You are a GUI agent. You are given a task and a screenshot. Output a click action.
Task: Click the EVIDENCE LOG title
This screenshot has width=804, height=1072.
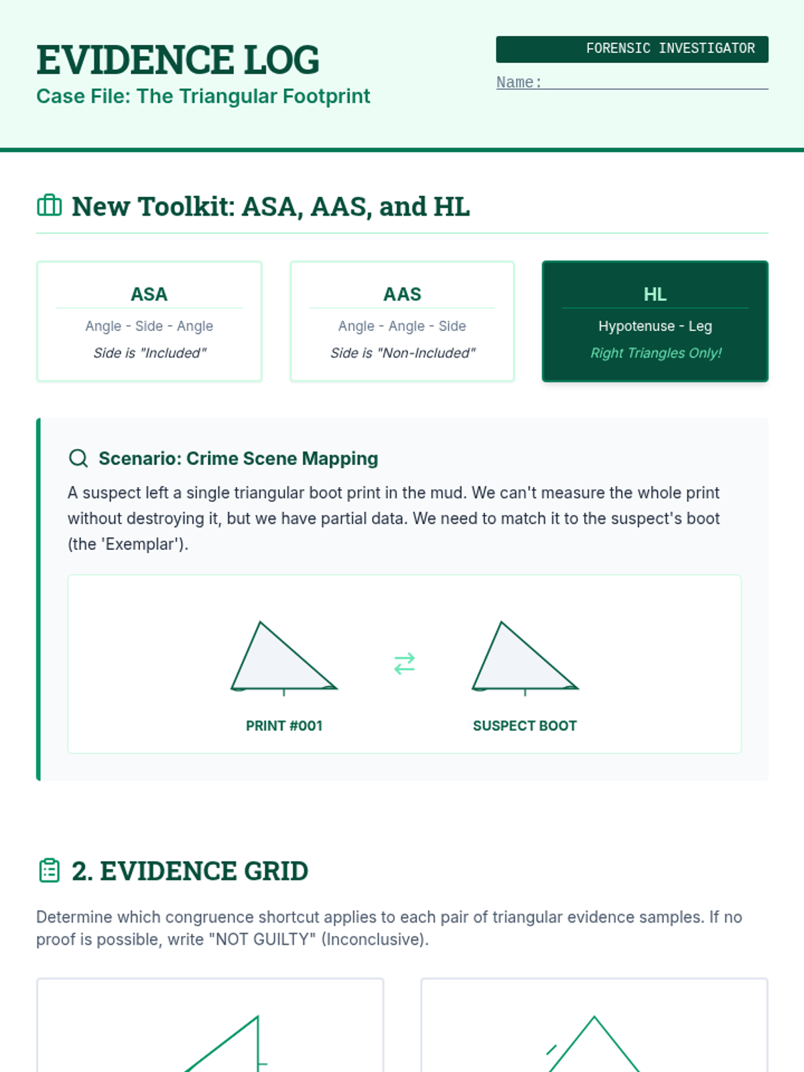(x=178, y=60)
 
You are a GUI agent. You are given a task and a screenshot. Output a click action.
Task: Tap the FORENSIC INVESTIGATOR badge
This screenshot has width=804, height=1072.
(x=632, y=49)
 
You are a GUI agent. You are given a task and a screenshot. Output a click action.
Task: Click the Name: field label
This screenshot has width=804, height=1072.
(x=519, y=82)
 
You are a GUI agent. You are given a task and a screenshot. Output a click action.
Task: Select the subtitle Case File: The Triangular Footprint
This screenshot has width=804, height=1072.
(x=203, y=96)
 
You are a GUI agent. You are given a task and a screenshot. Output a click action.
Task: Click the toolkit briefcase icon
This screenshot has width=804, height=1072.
(x=49, y=206)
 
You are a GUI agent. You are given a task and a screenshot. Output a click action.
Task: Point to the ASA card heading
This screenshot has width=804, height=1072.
(x=149, y=294)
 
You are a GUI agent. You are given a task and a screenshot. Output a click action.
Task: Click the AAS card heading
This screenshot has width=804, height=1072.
(x=402, y=294)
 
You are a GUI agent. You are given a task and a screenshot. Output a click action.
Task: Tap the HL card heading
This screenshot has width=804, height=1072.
(x=655, y=294)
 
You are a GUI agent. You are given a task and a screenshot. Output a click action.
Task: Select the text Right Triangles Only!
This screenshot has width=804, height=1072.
(x=655, y=353)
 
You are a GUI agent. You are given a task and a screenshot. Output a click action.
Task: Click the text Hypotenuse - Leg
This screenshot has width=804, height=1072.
(x=655, y=326)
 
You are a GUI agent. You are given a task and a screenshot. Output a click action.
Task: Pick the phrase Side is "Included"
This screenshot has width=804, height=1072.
(x=149, y=353)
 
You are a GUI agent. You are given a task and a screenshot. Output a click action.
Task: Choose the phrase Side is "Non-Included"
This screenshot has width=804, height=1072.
(x=402, y=353)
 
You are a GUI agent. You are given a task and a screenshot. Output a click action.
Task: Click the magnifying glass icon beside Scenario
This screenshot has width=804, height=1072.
(x=78, y=458)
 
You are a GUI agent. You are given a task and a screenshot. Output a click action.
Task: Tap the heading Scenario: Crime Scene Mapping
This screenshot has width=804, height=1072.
(x=238, y=458)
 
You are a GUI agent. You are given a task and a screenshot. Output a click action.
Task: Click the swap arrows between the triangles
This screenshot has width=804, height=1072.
(x=405, y=663)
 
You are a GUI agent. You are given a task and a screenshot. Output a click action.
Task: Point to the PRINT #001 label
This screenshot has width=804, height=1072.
(x=284, y=726)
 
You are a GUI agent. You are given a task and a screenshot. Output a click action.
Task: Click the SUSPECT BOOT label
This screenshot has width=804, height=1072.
(x=525, y=726)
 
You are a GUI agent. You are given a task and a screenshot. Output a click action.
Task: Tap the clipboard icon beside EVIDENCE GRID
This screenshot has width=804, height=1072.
(x=50, y=870)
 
